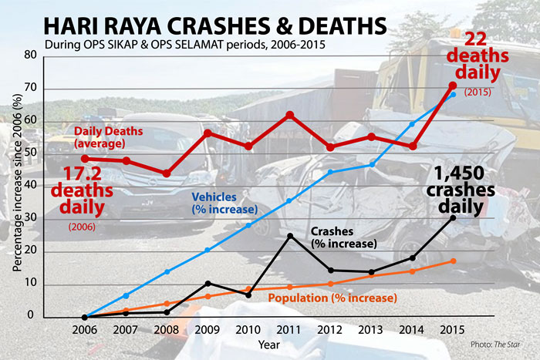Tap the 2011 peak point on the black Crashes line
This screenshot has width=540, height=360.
[x=289, y=236]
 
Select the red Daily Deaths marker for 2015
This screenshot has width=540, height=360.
[x=453, y=86]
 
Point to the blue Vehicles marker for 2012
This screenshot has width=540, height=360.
[x=330, y=172]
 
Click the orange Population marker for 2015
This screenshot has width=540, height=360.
[x=453, y=261]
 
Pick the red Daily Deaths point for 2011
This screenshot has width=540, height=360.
[x=289, y=115]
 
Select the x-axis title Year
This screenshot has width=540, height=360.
[x=269, y=344]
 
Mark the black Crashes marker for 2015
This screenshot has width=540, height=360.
[x=453, y=218]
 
